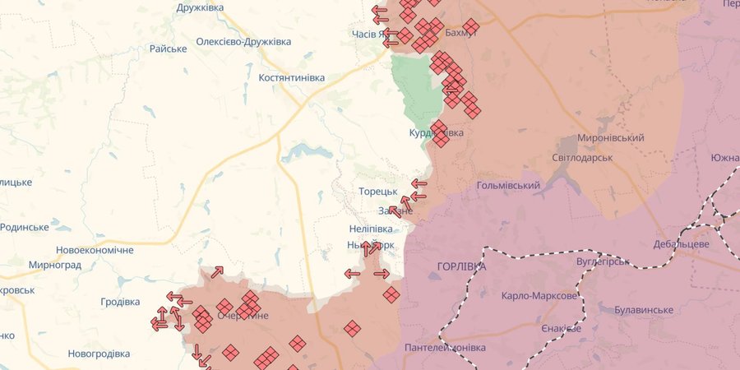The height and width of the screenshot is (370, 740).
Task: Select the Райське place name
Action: (168, 49)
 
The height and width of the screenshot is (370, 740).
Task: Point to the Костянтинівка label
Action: (280, 77)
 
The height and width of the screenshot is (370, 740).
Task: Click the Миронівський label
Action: (610, 137)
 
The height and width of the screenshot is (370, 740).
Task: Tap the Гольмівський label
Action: (508, 186)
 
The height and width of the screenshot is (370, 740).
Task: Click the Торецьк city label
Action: (378, 192)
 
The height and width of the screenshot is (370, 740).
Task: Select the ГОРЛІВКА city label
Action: (461, 267)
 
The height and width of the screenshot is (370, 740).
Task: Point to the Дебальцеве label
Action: (681, 245)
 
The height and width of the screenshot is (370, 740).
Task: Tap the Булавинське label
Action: (644, 310)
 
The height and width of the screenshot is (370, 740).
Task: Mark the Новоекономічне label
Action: (95, 250)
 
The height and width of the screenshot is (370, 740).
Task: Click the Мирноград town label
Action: (54, 266)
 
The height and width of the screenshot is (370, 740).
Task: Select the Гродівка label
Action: (120, 302)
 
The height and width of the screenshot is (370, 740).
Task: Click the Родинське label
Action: (25, 227)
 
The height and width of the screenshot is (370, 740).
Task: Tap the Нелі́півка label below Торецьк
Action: (370, 229)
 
